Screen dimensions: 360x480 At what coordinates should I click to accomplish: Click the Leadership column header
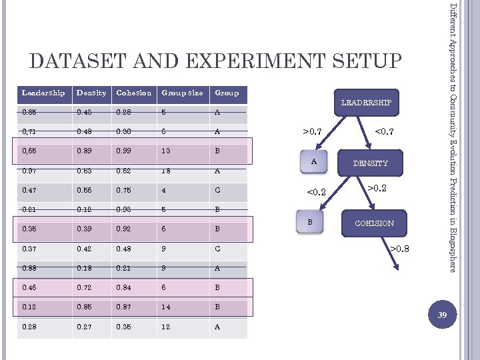[43, 93]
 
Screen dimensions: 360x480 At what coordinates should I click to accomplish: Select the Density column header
[91, 93]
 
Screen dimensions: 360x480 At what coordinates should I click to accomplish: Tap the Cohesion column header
[133, 93]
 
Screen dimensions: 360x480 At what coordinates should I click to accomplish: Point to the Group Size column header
[182, 93]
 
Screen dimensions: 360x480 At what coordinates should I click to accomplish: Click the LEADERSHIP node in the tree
[366, 103]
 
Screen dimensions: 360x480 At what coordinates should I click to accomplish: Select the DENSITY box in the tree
[370, 163]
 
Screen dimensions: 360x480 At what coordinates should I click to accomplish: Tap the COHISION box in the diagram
[374, 223]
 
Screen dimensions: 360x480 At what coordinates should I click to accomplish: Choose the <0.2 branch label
[315, 193]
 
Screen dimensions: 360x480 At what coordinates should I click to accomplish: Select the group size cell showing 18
[166, 171]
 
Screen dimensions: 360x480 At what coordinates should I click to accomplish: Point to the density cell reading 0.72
[84, 288]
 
